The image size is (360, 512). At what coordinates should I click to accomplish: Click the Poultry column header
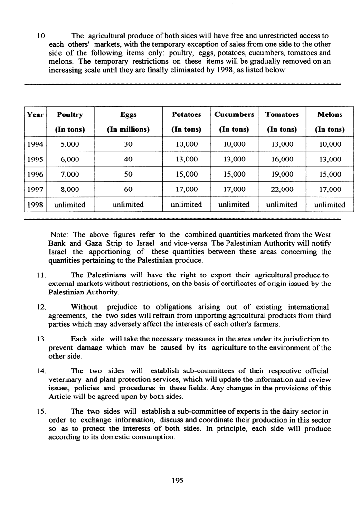[70, 114]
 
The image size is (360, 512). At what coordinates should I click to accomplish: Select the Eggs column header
[128, 114]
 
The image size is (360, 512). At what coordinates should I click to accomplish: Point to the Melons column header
[330, 114]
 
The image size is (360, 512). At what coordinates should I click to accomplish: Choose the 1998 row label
[35, 204]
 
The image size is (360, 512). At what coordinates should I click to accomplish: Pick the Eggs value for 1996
[128, 174]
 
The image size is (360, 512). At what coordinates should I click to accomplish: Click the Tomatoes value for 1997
[282, 190]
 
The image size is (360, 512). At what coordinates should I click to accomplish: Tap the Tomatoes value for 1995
[282, 160]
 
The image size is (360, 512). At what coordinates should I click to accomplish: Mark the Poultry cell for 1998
[70, 204]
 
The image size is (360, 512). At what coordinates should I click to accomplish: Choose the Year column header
[35, 114]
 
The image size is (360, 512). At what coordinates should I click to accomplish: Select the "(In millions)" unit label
[128, 129]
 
